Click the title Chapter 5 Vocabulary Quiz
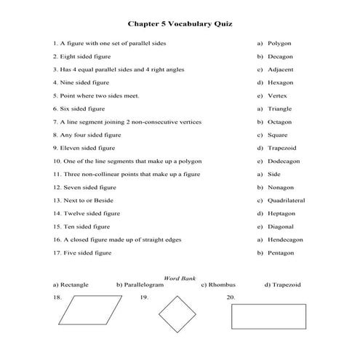180,24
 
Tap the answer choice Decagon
280,56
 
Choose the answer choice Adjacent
281,69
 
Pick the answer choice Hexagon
281,82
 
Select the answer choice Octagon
280,121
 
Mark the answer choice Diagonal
281,226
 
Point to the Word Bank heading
180,278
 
